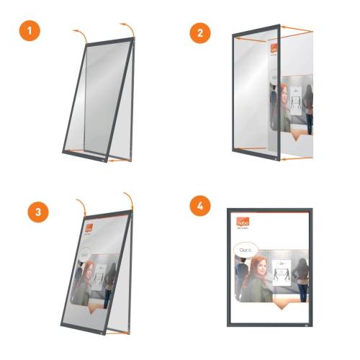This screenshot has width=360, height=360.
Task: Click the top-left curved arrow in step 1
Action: tap(79, 34)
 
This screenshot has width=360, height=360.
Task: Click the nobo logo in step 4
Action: tap(241, 224)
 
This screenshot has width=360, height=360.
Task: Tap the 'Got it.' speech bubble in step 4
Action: tap(245, 251)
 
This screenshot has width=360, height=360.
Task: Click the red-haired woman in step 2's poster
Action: tap(282, 108)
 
